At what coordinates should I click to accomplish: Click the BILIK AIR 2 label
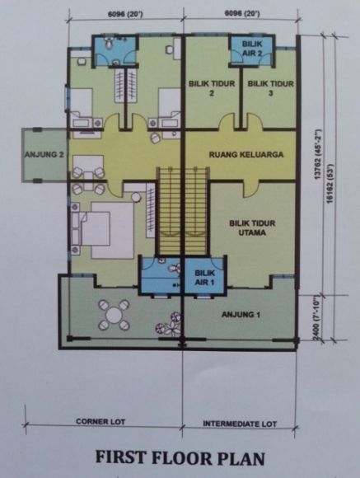click(x=252, y=48)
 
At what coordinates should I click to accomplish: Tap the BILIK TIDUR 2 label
click(x=212, y=88)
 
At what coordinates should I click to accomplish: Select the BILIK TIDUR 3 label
click(x=271, y=88)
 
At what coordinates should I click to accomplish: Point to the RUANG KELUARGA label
click(x=246, y=155)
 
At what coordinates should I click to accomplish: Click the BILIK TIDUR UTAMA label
click(x=252, y=228)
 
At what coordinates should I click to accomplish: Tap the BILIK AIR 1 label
click(x=204, y=278)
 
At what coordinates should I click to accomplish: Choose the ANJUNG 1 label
click(x=241, y=314)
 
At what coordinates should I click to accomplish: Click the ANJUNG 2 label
click(x=44, y=155)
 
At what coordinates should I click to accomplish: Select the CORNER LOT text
click(x=101, y=422)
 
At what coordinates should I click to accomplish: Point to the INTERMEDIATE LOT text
click(x=240, y=424)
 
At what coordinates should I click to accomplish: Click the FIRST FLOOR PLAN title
click(x=180, y=457)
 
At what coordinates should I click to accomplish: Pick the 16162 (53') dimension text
click(x=330, y=183)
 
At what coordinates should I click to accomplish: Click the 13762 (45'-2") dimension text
click(x=318, y=154)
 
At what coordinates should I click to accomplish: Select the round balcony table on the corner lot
click(x=114, y=315)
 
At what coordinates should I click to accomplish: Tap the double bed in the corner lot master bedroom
click(x=107, y=230)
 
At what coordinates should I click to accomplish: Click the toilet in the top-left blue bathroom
click(x=109, y=44)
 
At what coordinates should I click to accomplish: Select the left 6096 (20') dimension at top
click(x=125, y=14)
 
